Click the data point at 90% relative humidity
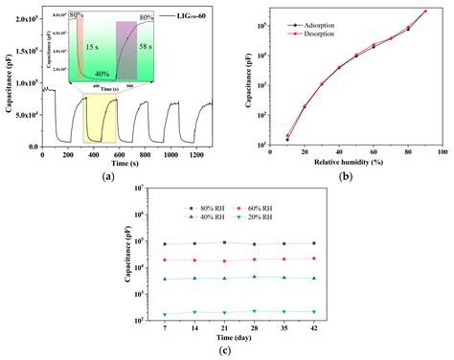[425, 11]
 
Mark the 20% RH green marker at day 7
[165, 314]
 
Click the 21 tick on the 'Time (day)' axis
[224, 327]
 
